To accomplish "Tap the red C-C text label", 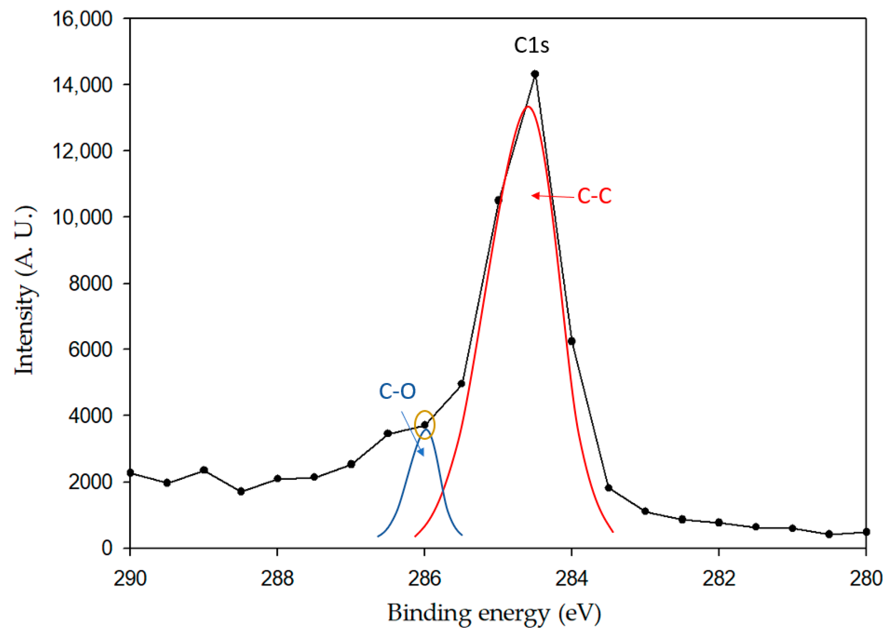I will pos(594,196).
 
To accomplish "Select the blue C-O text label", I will pos(397,391).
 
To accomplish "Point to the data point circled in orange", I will pos(425,425).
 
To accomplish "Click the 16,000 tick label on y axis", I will pos(82,19).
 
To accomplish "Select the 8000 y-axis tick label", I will pos(91,283).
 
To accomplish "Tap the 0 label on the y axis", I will pos(107,548).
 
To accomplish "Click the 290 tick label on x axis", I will pos(130,579).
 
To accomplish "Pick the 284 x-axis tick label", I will pos(571,579).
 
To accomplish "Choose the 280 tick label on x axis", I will pos(866,579).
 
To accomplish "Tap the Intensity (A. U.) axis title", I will pos(24,290).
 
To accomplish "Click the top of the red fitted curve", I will pos(528,106).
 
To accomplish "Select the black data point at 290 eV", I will pos(130,473).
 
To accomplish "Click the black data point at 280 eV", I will pos(866,532).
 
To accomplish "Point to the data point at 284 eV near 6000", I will pos(571,341).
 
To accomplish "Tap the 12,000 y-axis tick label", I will pos(82,151).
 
